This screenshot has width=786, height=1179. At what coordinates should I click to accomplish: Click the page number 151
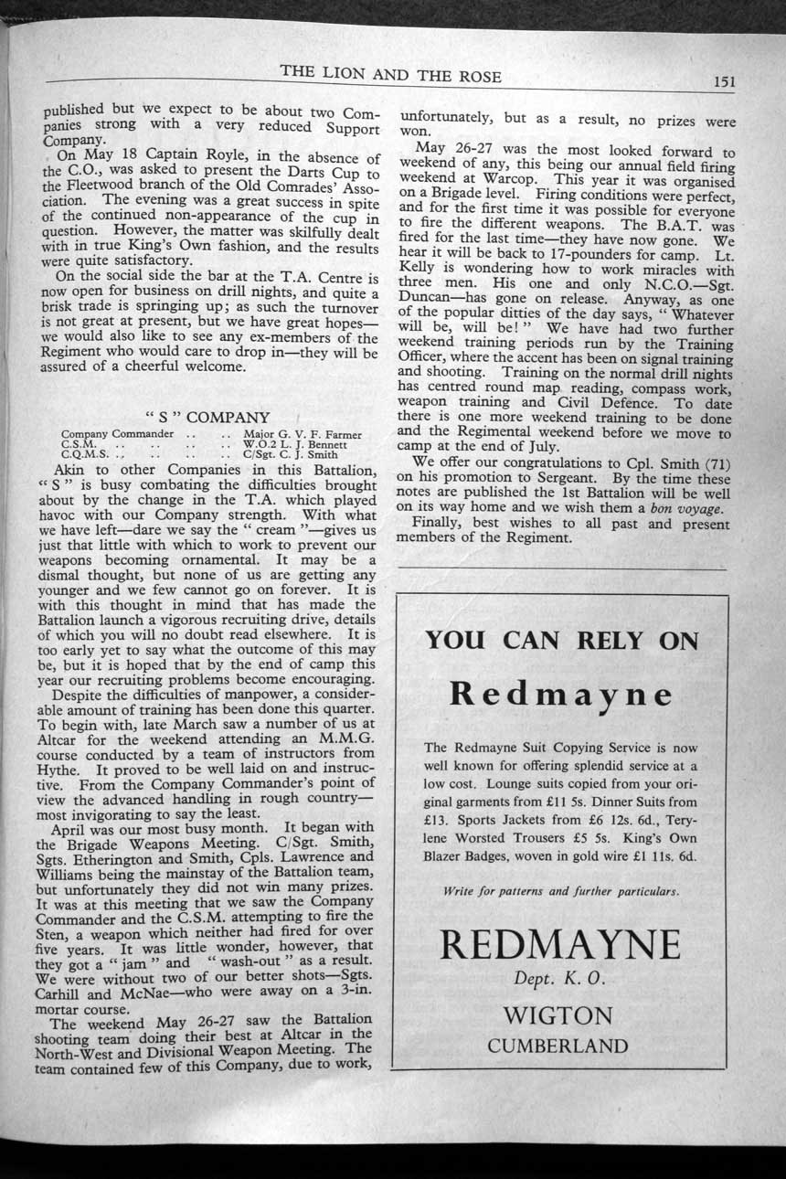pyautogui.click(x=725, y=80)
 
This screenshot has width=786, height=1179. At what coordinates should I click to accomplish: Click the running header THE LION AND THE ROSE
pyautogui.click(x=390, y=76)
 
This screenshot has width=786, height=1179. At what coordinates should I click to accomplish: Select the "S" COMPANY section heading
pyautogui.click(x=208, y=417)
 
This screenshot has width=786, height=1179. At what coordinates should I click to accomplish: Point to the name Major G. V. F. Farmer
pyautogui.click(x=303, y=434)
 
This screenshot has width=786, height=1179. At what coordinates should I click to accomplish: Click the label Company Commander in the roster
pyautogui.click(x=117, y=433)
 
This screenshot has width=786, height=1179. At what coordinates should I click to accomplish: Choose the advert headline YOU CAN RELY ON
pyautogui.click(x=561, y=640)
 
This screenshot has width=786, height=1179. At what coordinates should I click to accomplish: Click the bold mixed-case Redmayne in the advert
pyautogui.click(x=561, y=696)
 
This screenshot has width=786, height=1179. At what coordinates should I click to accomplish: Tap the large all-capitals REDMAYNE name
pyautogui.click(x=559, y=941)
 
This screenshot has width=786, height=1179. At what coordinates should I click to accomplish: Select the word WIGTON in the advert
pyautogui.click(x=558, y=1015)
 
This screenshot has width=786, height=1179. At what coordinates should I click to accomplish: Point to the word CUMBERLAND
pyautogui.click(x=558, y=1046)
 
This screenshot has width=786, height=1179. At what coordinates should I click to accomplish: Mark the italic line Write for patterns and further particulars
pyautogui.click(x=560, y=890)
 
